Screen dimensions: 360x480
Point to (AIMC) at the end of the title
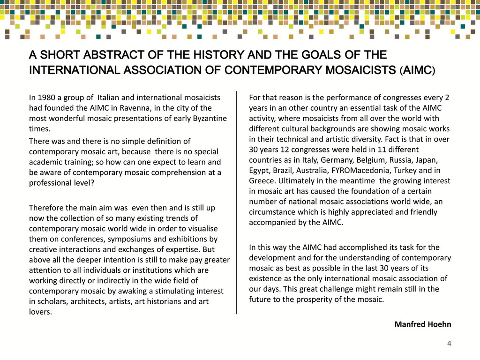click(x=417, y=71)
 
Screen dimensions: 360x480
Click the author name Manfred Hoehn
click(x=423, y=324)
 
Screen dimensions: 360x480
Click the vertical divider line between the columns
click(x=236, y=202)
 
